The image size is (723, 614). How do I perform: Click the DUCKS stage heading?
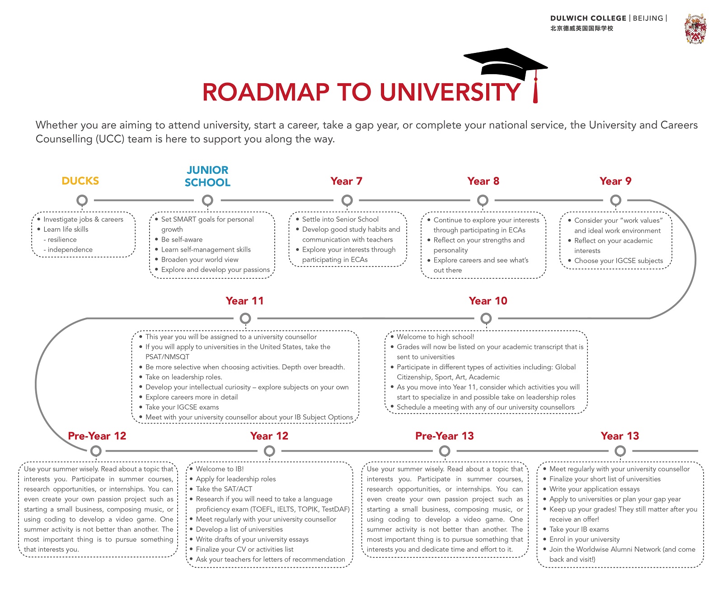click(x=80, y=181)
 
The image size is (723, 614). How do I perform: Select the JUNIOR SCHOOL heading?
click(x=207, y=176)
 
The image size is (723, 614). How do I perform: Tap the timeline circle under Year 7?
click(x=347, y=200)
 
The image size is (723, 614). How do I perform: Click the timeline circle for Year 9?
click(x=615, y=200)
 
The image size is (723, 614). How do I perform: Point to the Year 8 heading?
click(x=483, y=181)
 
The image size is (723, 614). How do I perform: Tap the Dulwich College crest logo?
click(x=695, y=29)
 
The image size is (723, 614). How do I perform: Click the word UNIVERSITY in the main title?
click(x=450, y=92)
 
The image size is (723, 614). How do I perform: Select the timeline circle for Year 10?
click(x=486, y=319)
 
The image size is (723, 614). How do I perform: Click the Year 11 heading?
click(x=244, y=301)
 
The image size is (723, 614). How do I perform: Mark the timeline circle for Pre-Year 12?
click(x=96, y=451)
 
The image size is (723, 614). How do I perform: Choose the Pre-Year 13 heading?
click(x=444, y=436)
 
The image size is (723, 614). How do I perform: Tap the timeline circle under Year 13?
click(x=620, y=451)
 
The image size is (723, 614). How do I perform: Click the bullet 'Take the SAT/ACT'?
click(x=224, y=489)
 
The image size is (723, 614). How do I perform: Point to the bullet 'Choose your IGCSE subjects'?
click(x=618, y=261)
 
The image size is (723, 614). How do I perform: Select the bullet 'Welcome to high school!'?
click(x=435, y=337)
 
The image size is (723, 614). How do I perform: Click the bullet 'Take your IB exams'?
click(x=579, y=529)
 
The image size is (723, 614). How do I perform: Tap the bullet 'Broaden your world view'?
click(x=199, y=260)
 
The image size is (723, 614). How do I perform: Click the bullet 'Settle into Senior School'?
click(x=340, y=219)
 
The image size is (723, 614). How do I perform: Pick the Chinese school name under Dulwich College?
click(x=582, y=29)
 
